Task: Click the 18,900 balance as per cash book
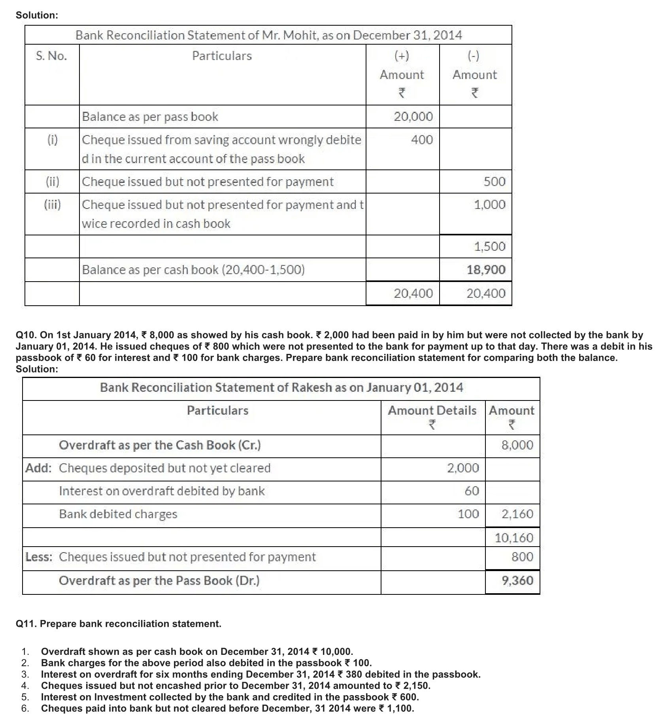[486, 270]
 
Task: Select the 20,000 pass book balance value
[413, 117]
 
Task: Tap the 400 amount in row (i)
[422, 139]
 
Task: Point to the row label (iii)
[52, 205]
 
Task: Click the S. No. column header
[51, 56]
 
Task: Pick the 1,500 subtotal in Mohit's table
[489, 246]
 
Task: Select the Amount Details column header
[432, 410]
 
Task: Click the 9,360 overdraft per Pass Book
[517, 580]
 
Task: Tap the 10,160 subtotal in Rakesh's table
[514, 538]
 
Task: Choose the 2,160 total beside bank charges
[517, 514]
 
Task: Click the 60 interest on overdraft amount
[472, 491]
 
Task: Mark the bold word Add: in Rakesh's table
[38, 468]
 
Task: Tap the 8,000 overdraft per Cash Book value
[517, 445]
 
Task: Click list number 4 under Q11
[25, 685]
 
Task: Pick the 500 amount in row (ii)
[495, 182]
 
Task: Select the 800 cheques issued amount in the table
[522, 557]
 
